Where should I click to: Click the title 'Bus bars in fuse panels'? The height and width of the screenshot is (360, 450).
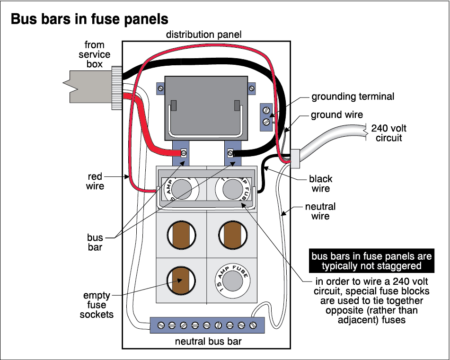coord(89,19)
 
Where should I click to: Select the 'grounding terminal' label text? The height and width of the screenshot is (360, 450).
coord(353,97)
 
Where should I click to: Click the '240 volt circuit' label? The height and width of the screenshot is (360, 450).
coord(388,133)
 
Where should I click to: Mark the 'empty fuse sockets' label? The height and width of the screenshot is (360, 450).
coord(97,304)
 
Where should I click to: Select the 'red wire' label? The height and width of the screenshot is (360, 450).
coord(95,181)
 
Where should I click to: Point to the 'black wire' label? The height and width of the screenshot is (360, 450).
coord(320,184)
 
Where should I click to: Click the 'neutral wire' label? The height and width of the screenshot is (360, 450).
coord(320,211)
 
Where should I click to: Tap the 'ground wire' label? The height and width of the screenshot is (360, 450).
coord(337,115)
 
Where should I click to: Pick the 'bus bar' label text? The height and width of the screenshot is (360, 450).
coord(95,241)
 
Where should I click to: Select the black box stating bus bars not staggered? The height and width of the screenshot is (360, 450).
coord(371,261)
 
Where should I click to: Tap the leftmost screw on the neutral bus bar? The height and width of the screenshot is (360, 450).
coord(161,325)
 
